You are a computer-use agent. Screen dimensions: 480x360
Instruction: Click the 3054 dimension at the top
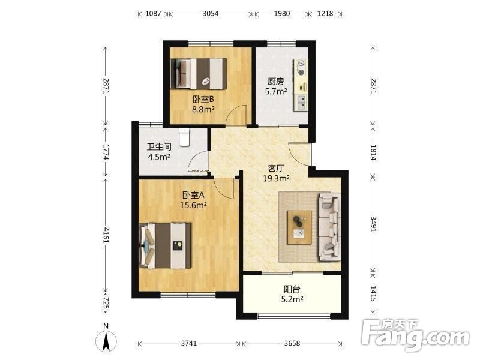211,13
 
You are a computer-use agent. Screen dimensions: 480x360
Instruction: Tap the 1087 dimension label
153,13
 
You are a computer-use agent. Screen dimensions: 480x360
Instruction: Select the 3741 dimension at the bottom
188,343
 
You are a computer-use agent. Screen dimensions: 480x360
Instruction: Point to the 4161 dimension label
106,235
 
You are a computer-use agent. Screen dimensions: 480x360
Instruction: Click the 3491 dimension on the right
373,224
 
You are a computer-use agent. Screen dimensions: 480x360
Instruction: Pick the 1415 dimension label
373,294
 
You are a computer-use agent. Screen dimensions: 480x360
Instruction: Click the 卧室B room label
203,99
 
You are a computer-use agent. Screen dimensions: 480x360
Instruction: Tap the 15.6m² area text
193,205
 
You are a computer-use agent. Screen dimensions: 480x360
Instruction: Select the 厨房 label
276,81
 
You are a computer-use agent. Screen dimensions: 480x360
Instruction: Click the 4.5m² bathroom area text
159,157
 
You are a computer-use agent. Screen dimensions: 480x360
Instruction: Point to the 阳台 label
292,289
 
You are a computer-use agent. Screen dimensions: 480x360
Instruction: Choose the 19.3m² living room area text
276,178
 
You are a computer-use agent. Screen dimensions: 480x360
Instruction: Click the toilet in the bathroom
184,137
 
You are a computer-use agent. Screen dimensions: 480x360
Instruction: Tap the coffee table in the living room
299,227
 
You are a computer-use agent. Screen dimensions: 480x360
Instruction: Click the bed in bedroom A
165,246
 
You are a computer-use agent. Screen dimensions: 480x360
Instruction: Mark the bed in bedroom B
199,73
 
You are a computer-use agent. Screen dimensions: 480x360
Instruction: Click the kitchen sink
301,103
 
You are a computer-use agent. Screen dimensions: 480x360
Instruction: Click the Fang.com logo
415,336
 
